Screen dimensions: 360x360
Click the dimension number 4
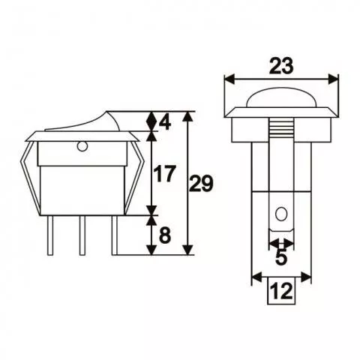(166, 122)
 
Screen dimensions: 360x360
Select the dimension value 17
(164, 175)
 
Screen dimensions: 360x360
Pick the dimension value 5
(280, 258)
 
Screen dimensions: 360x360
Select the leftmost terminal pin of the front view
(50, 235)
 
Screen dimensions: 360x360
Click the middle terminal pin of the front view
(83, 235)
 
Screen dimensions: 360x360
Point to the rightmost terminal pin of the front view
(115, 235)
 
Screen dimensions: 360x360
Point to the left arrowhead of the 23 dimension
(229, 78)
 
